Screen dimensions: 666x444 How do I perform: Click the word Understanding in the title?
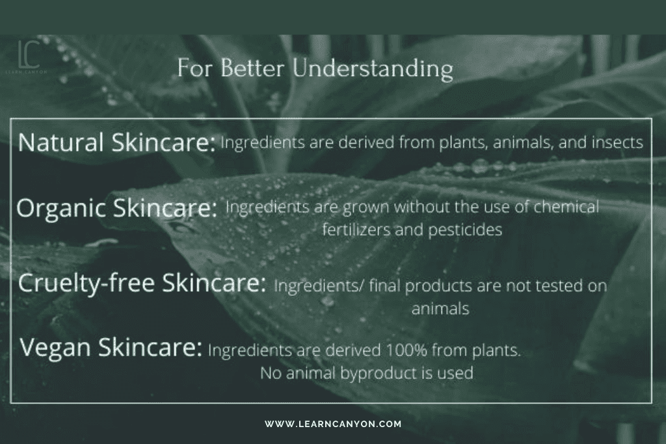pos(373,69)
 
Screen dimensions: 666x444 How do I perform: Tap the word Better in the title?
pos(252,68)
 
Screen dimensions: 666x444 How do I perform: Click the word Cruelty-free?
pos(86,283)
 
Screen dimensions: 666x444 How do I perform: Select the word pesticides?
pos(464,230)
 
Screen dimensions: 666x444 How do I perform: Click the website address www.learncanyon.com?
pos(333,424)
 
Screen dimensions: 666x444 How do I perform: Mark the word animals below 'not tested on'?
pos(440,309)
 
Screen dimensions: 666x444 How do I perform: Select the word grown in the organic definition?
pos(366,207)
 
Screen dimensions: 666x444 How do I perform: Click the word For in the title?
pos(194,68)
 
